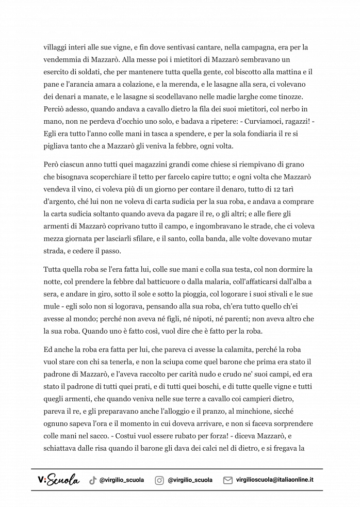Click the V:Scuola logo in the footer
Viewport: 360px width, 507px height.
[x=58, y=480]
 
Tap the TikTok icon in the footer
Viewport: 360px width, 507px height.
[x=93, y=480]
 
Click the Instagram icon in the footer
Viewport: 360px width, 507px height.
[x=160, y=480]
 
